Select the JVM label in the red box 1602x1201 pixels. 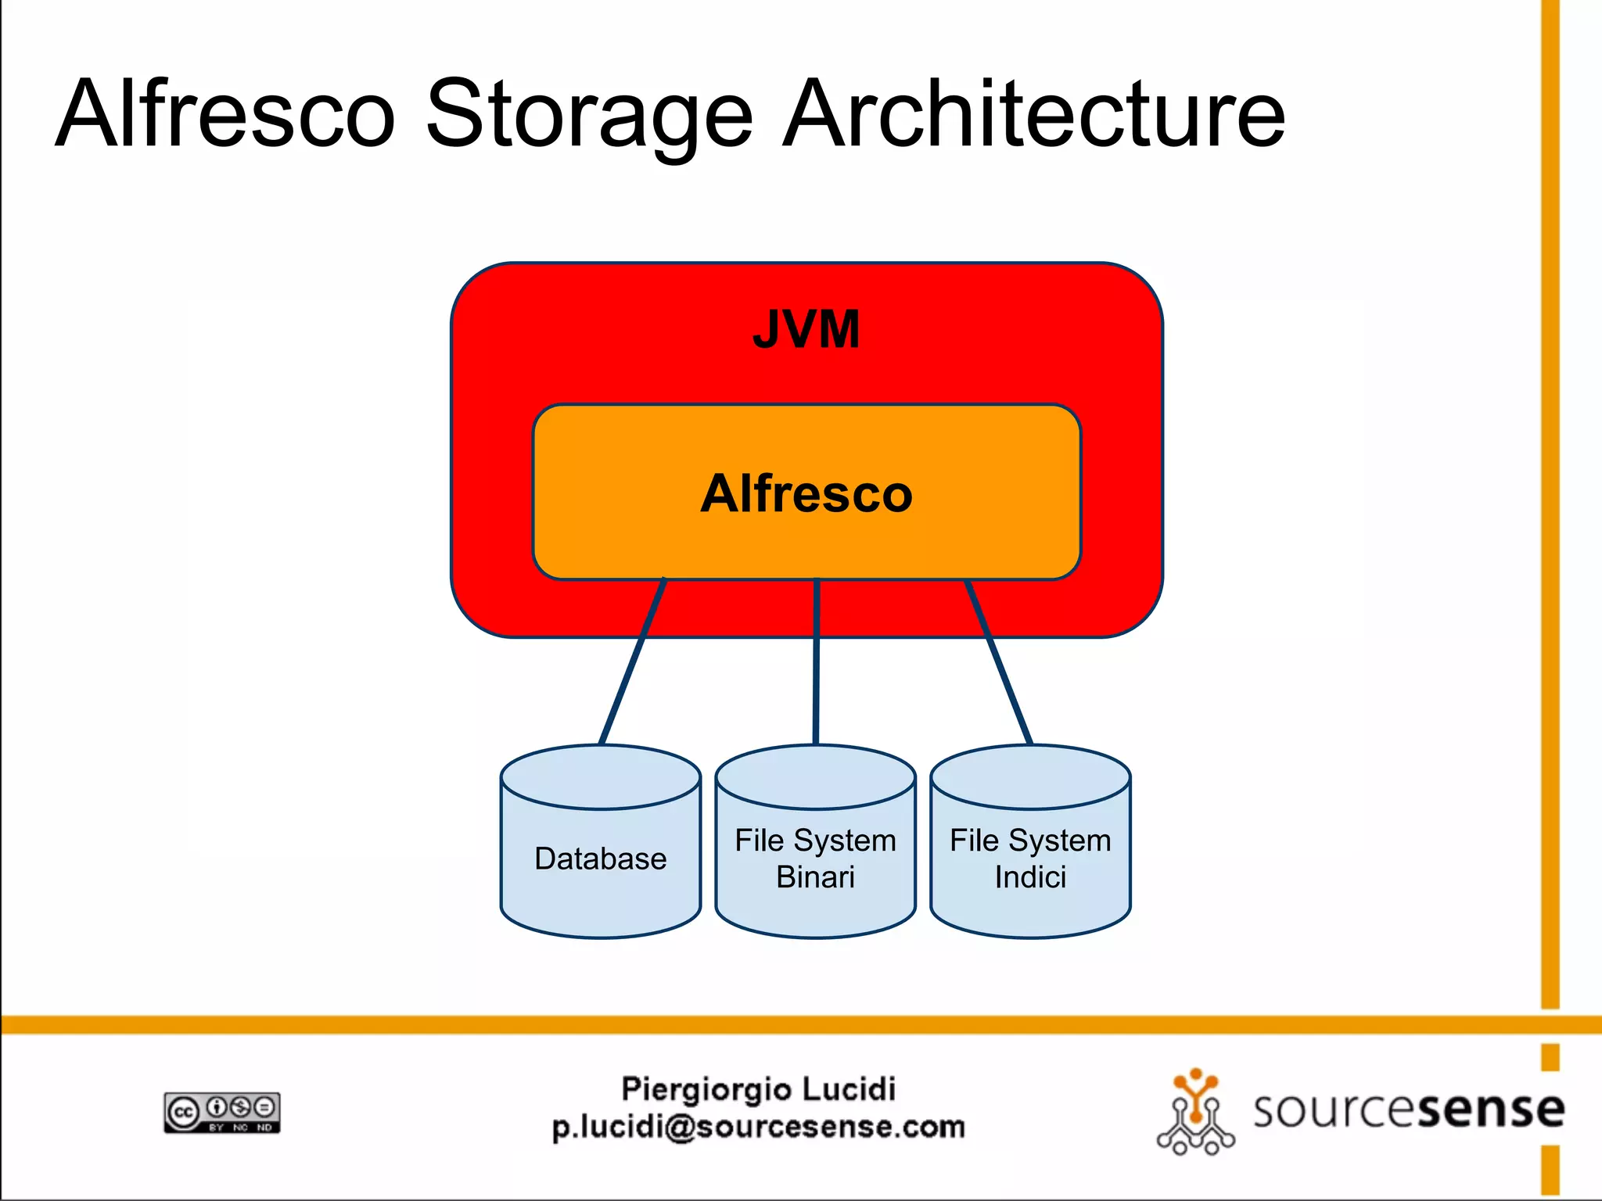tap(806, 329)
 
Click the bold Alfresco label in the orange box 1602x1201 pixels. tap(806, 493)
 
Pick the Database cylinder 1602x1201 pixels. tap(601, 841)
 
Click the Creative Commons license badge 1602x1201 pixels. tap(222, 1113)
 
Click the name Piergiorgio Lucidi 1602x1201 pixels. tap(758, 1089)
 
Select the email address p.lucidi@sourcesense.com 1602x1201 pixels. tap(758, 1127)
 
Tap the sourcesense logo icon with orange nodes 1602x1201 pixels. tap(1195, 1111)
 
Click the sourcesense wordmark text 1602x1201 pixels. tap(1408, 1110)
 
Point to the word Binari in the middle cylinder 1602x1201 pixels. tap(815, 877)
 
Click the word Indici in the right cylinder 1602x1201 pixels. tap(1030, 877)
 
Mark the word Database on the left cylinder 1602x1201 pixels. tap(601, 859)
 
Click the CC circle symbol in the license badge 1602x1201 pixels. tap(183, 1113)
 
